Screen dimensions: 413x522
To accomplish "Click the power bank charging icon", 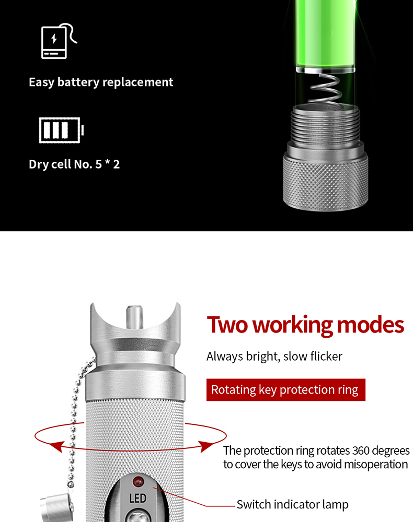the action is [59, 41].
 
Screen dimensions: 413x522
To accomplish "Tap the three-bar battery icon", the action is [61, 130].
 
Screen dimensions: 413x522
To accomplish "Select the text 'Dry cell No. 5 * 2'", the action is [74, 164].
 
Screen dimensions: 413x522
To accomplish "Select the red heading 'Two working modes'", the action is [305, 325].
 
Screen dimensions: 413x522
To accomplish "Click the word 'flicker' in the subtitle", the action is [326, 356].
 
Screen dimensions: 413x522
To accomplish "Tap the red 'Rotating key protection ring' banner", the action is [285, 389].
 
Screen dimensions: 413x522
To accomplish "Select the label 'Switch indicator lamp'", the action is [292, 504].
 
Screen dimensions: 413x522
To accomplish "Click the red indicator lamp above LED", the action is [138, 481].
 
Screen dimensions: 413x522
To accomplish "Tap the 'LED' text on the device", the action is [137, 499].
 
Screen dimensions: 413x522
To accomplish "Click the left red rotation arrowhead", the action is [59, 446].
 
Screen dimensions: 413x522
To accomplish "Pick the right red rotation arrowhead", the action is [207, 446].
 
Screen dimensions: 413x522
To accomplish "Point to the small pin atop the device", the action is [134, 317].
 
